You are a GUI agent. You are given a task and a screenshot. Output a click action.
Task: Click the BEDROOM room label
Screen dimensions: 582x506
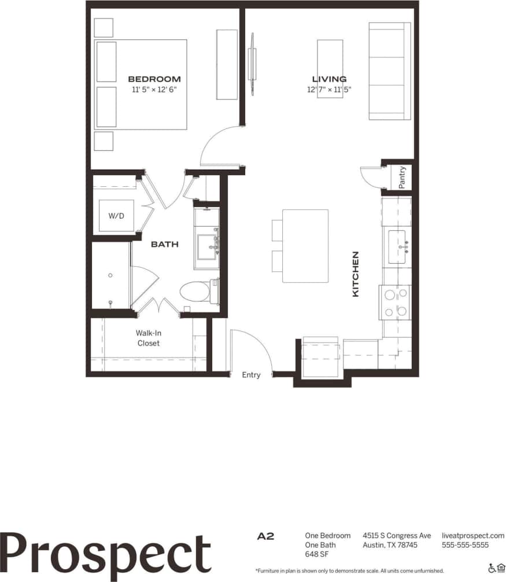coord(154,79)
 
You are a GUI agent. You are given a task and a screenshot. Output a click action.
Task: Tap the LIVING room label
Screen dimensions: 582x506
coord(329,79)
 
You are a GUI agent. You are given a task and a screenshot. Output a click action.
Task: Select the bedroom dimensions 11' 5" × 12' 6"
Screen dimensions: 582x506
coord(154,90)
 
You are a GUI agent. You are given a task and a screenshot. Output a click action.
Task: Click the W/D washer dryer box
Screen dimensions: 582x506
coord(116,216)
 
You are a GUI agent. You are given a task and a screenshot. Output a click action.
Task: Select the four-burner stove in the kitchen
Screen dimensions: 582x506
coord(395,303)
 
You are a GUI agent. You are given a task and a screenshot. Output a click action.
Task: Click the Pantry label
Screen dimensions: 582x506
coord(402,177)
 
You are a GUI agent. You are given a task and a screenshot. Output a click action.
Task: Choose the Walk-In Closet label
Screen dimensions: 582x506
coord(148,338)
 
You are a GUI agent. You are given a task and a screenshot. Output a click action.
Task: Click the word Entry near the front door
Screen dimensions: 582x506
coord(251,375)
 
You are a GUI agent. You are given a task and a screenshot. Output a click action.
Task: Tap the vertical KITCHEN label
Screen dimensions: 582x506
coord(356,274)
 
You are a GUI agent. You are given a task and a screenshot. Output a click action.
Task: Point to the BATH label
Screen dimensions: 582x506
coord(164,245)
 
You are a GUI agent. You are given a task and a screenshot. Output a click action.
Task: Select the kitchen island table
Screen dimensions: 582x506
coord(305,246)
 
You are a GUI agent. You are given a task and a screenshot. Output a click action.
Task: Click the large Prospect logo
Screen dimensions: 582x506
coord(106,553)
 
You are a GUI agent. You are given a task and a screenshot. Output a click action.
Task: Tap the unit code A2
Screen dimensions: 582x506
coord(265,536)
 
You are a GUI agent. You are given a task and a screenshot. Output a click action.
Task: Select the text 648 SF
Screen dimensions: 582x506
coord(316,554)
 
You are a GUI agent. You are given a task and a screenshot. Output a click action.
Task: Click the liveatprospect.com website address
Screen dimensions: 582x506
coord(472,536)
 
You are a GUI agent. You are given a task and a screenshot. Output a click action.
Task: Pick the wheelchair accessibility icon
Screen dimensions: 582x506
coord(492,568)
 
